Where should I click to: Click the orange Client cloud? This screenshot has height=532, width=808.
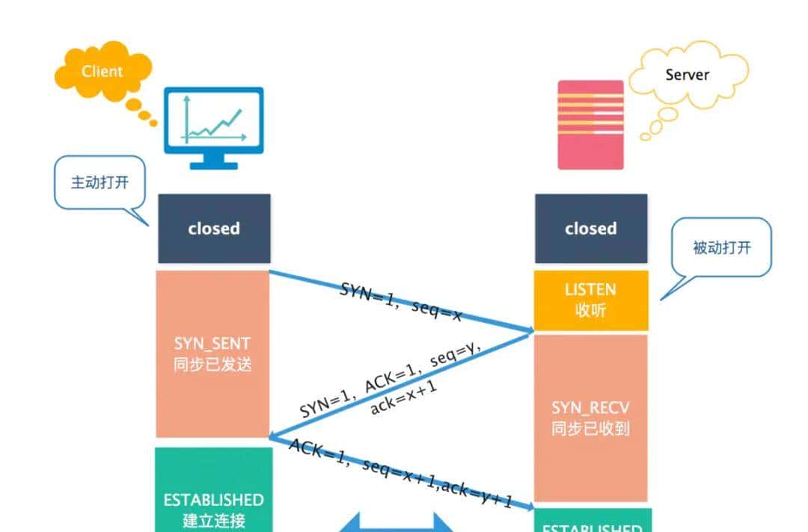102,72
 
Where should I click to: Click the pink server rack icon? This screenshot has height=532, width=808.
591,124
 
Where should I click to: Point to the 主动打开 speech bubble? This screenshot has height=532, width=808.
99,182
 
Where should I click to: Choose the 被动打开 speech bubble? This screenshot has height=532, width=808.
720,248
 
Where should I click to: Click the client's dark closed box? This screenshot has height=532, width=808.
214,229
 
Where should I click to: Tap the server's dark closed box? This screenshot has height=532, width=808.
591,229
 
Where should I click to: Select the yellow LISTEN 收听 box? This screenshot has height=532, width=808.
591,300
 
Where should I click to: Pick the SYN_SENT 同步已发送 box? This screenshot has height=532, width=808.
212,353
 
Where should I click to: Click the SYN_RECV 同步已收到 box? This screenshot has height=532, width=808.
591,418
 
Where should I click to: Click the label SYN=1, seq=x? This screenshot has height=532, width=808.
401,300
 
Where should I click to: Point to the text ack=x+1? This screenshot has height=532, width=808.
403,397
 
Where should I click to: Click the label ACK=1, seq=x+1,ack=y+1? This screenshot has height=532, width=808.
401,473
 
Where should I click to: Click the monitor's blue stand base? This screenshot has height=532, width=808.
214,164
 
